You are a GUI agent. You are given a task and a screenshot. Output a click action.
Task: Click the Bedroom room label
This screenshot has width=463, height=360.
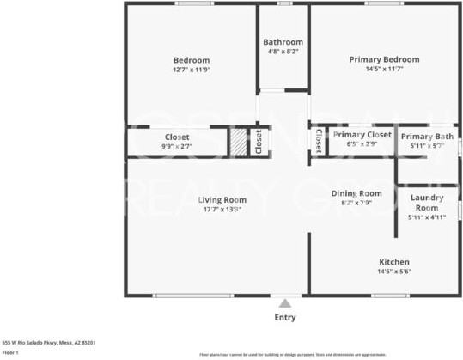pos(191,60)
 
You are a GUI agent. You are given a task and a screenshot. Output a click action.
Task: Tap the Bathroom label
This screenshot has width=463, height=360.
pos(283,42)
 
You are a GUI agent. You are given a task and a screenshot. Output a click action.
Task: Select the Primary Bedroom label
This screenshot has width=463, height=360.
pos(384,59)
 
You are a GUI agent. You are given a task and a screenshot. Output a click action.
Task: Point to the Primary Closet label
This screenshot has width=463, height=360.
pos(362,135)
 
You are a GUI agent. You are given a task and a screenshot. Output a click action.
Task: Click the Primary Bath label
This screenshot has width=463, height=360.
pos(427,136)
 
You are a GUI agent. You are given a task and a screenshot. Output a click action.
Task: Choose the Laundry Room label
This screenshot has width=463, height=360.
pos(427,203)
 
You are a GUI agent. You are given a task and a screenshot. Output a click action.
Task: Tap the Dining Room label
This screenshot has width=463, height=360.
pos(356,193)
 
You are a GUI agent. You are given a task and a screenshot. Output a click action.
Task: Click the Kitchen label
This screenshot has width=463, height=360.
pos(394,261)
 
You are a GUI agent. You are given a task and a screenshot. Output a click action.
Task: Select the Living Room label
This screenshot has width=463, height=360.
pos(200,199)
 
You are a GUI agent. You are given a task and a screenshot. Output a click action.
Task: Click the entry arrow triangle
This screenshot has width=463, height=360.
pos(284,302)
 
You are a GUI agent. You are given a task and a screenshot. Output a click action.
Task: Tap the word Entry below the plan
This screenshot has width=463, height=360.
pos(285,317)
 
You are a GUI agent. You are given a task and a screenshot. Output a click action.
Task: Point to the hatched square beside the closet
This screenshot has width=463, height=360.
pos(238,141)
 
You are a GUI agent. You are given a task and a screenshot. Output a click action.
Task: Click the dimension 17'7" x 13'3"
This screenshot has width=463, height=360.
pos(200,209)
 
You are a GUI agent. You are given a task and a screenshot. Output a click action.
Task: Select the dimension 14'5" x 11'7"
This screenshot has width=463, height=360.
pos(384,69)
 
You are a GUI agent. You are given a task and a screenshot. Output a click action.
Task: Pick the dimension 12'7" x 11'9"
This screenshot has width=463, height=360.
pos(191,70)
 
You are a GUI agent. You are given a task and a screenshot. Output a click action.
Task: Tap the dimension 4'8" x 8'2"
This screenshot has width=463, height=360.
pos(283,52)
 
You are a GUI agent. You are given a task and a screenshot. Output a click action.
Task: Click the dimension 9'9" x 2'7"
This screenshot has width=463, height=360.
pos(177,146)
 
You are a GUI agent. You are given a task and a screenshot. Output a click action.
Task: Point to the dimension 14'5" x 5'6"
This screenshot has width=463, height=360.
pos(394,271)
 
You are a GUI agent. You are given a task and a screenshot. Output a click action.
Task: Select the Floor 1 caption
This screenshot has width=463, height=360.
pos(10,352)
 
